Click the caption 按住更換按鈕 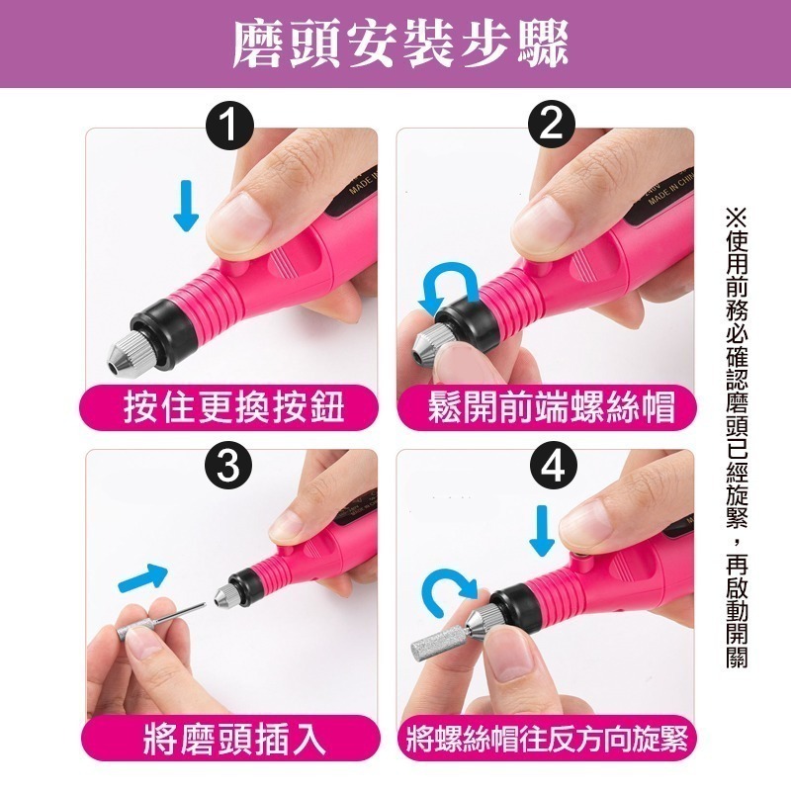[233, 405]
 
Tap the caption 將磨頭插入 [233, 739]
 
